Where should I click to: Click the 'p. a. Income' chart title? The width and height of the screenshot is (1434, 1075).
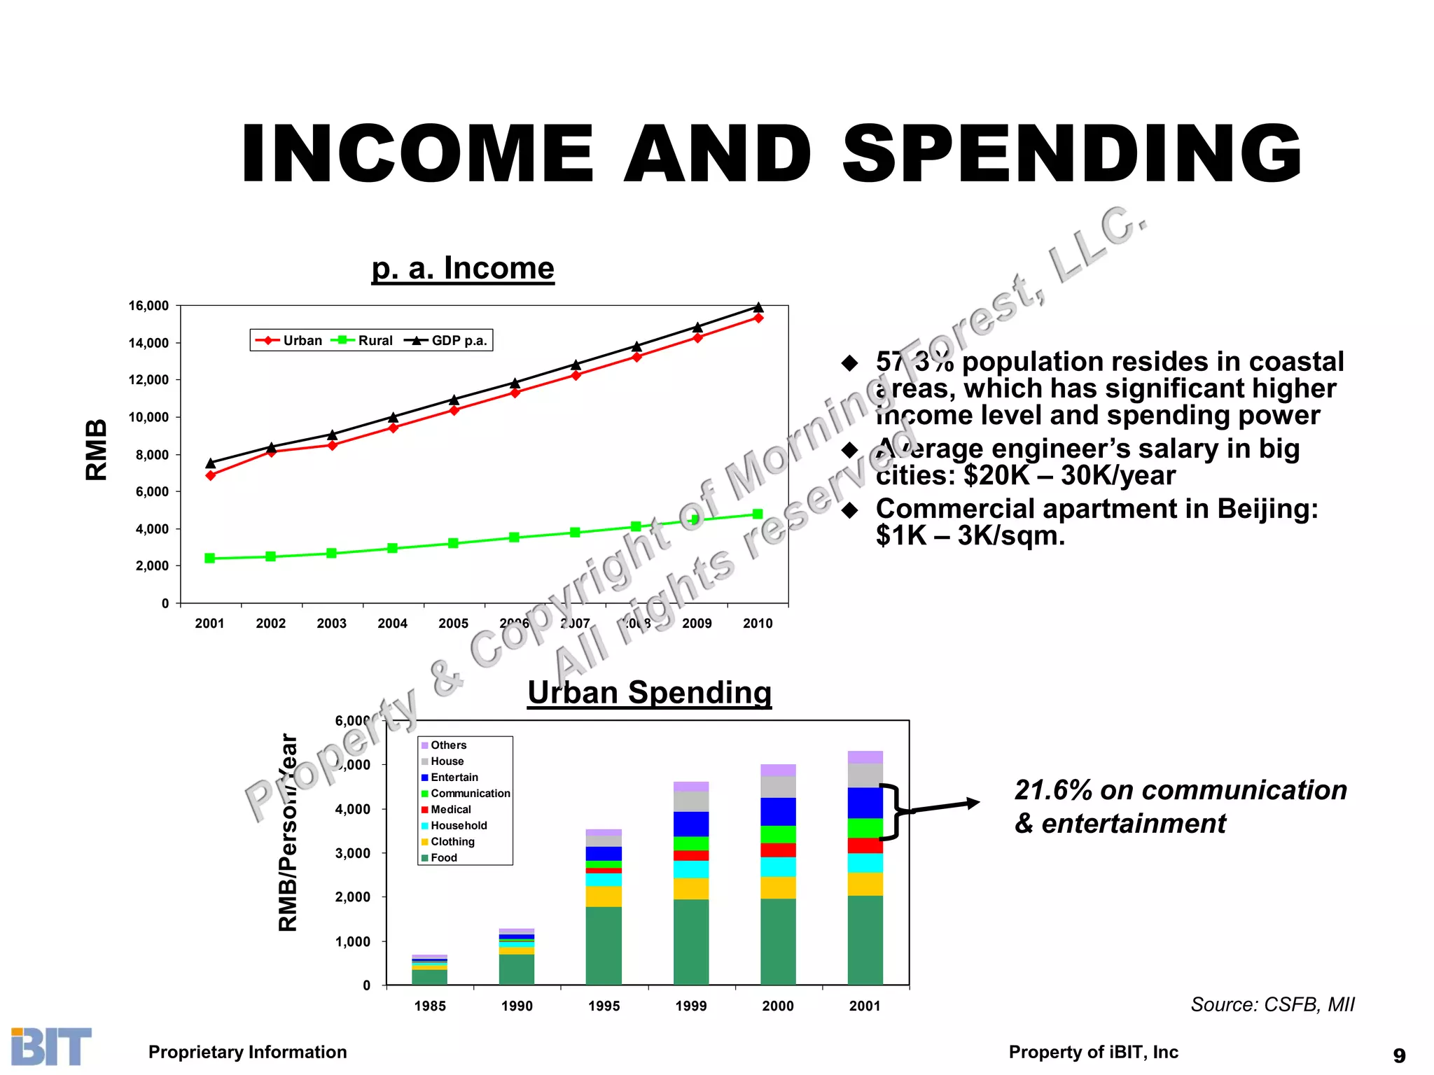click(463, 269)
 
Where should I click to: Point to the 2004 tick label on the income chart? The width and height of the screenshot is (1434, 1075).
click(392, 624)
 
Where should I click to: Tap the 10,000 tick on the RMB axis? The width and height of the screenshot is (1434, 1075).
click(148, 418)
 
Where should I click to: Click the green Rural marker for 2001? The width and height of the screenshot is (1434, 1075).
click(210, 558)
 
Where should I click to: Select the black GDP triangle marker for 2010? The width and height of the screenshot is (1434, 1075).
click(758, 307)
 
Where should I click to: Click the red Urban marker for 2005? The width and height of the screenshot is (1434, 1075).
click(454, 410)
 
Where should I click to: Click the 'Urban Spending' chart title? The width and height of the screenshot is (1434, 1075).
click(649, 693)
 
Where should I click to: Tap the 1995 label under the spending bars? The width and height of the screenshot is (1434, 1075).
click(604, 1006)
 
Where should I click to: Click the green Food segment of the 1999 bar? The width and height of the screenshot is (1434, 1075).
click(691, 941)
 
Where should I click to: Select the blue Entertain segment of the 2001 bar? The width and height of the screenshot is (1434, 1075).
click(865, 803)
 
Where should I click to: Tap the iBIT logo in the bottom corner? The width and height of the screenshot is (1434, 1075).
click(51, 1046)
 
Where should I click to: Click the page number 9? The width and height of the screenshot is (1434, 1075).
click(1399, 1055)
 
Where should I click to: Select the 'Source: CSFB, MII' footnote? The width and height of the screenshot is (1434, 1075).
click(1272, 1005)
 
